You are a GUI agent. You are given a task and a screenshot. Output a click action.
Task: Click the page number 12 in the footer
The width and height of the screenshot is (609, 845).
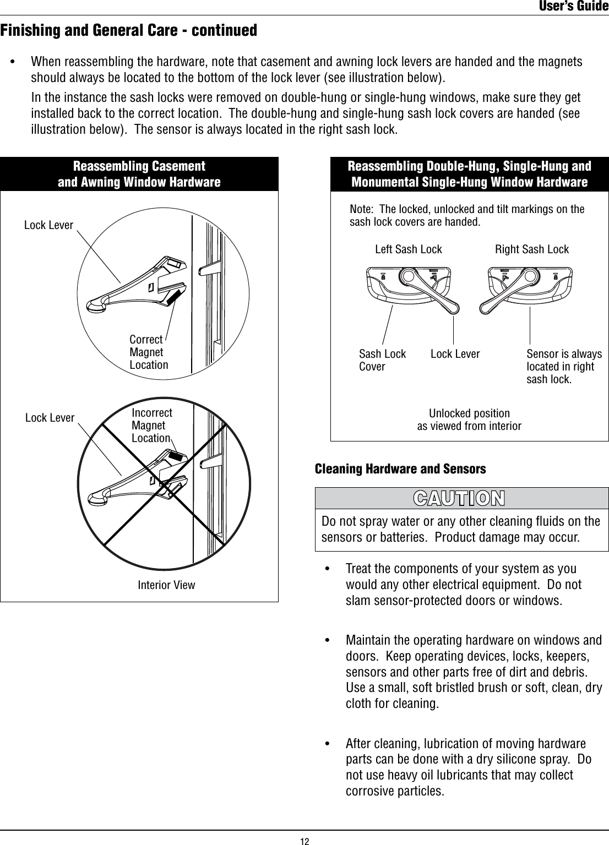(x=304, y=840)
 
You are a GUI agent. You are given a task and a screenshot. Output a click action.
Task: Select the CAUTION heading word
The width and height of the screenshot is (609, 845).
(x=459, y=498)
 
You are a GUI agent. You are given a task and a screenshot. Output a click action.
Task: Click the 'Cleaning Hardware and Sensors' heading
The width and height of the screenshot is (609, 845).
(x=400, y=469)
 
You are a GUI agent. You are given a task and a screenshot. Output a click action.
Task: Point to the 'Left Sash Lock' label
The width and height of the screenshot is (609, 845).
(x=408, y=249)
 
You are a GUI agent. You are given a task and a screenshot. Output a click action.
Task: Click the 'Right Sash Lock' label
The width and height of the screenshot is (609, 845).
(x=531, y=249)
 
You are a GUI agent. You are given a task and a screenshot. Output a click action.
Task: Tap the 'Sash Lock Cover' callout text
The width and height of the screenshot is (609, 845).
(x=382, y=360)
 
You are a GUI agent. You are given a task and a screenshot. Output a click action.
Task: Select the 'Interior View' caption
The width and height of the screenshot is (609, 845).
(x=166, y=585)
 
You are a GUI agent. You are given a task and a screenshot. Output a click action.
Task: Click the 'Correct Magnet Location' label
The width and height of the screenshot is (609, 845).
(x=148, y=352)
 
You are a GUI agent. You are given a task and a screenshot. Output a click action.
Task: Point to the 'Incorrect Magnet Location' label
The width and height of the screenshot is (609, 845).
(x=151, y=426)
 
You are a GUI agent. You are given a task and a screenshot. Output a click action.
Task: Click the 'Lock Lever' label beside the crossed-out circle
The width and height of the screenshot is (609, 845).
(x=50, y=418)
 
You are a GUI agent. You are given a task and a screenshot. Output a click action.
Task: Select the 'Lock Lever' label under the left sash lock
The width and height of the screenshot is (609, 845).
(x=455, y=354)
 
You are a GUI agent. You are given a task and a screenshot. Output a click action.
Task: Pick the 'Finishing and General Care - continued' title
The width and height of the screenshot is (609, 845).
(x=129, y=30)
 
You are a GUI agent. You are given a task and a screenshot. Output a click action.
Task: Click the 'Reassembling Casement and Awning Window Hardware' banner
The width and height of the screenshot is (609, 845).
(x=139, y=174)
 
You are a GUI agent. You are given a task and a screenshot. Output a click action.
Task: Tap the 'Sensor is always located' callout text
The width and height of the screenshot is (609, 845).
(x=564, y=367)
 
